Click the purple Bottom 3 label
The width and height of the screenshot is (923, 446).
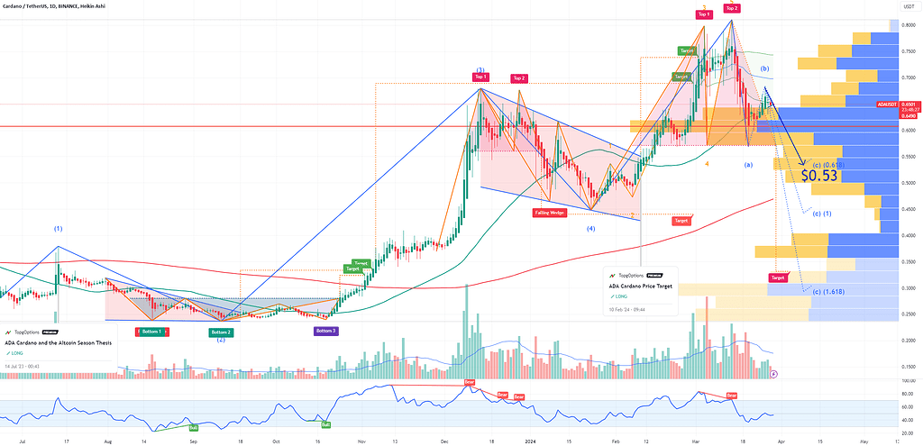click(326, 331)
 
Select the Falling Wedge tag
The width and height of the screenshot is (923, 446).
click(549, 213)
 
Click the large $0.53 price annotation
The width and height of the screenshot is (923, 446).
click(819, 176)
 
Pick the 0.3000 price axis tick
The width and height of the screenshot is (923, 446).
click(909, 287)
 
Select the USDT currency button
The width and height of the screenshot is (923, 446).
click(908, 7)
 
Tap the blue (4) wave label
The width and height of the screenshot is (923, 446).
click(591, 229)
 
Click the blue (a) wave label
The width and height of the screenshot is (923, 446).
click(747, 165)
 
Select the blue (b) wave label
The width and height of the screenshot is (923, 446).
click(764, 68)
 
